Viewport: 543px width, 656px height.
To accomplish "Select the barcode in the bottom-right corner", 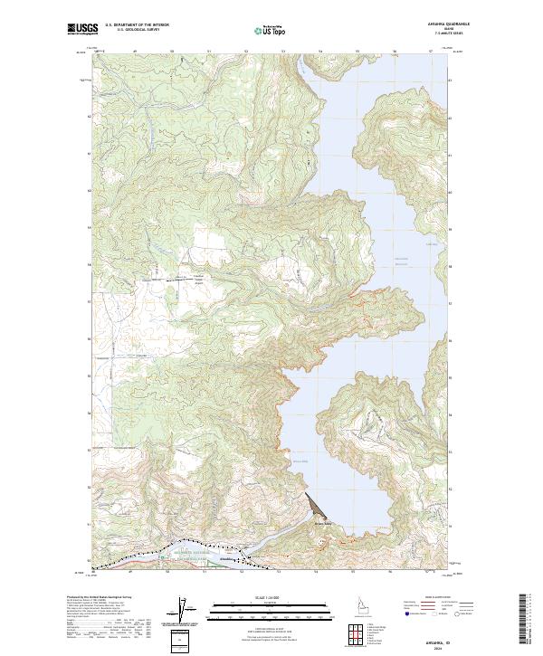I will pos(524,624).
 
